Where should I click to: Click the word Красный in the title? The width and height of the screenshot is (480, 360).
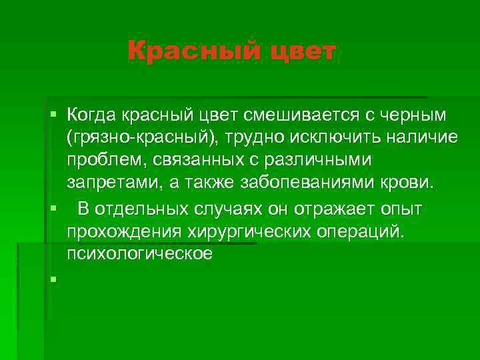(187, 51)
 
